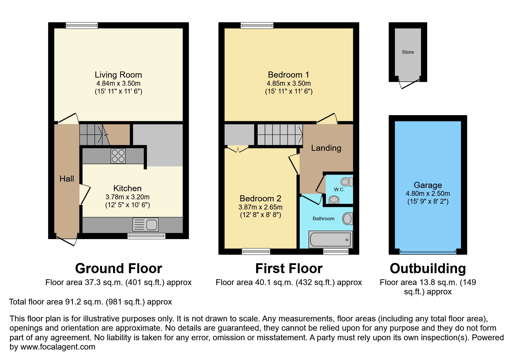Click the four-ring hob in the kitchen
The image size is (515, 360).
(118, 156)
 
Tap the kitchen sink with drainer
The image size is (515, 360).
(145, 225)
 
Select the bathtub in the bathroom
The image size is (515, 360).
(330, 239)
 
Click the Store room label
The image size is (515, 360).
(408, 52)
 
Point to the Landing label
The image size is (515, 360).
(326, 148)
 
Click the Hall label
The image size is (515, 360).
(67, 179)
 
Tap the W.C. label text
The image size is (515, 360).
(339, 189)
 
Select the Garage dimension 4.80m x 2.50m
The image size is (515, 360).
(427, 194)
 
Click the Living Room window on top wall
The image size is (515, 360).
(82, 26)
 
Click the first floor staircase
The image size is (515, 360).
(280, 135)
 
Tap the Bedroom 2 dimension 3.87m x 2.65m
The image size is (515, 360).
(260, 207)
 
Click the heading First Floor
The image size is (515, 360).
(289, 268)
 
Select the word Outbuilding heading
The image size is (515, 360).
(427, 268)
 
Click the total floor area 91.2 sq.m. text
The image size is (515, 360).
(90, 302)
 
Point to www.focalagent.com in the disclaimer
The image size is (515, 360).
(58, 347)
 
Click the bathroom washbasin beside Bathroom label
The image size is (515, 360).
(347, 218)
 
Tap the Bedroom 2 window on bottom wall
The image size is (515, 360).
(256, 251)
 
